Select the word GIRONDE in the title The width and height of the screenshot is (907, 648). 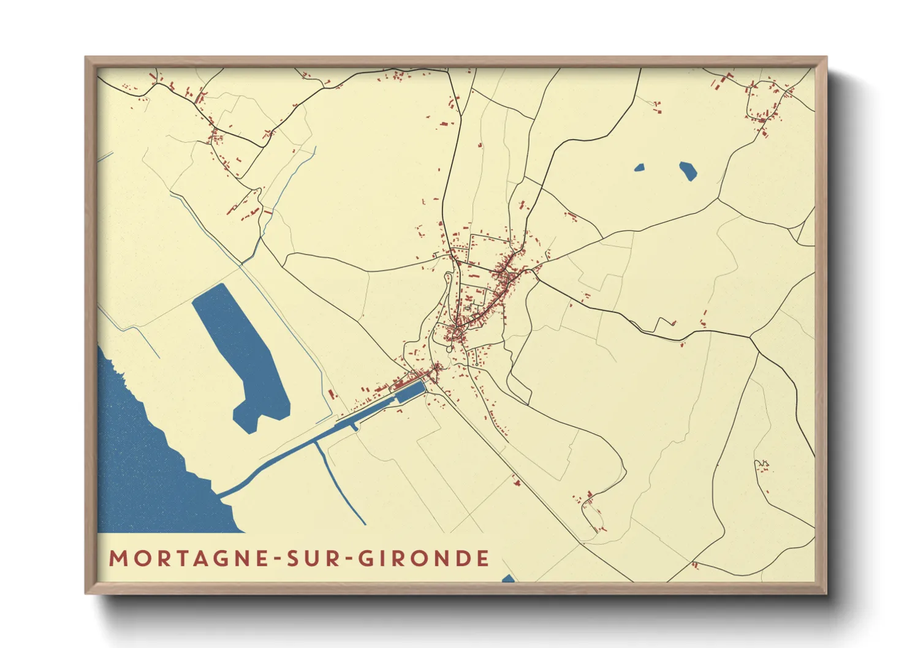click(423, 558)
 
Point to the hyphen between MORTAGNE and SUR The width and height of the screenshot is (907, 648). click(278, 559)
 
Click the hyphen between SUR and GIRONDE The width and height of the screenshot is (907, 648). click(347, 559)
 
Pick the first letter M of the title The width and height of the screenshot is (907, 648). click(118, 558)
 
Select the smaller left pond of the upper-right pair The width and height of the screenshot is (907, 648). click(639, 167)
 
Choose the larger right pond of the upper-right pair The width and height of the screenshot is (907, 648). click(688, 170)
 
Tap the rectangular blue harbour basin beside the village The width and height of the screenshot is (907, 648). click(409, 391)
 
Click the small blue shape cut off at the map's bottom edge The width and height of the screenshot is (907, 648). click(508, 579)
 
